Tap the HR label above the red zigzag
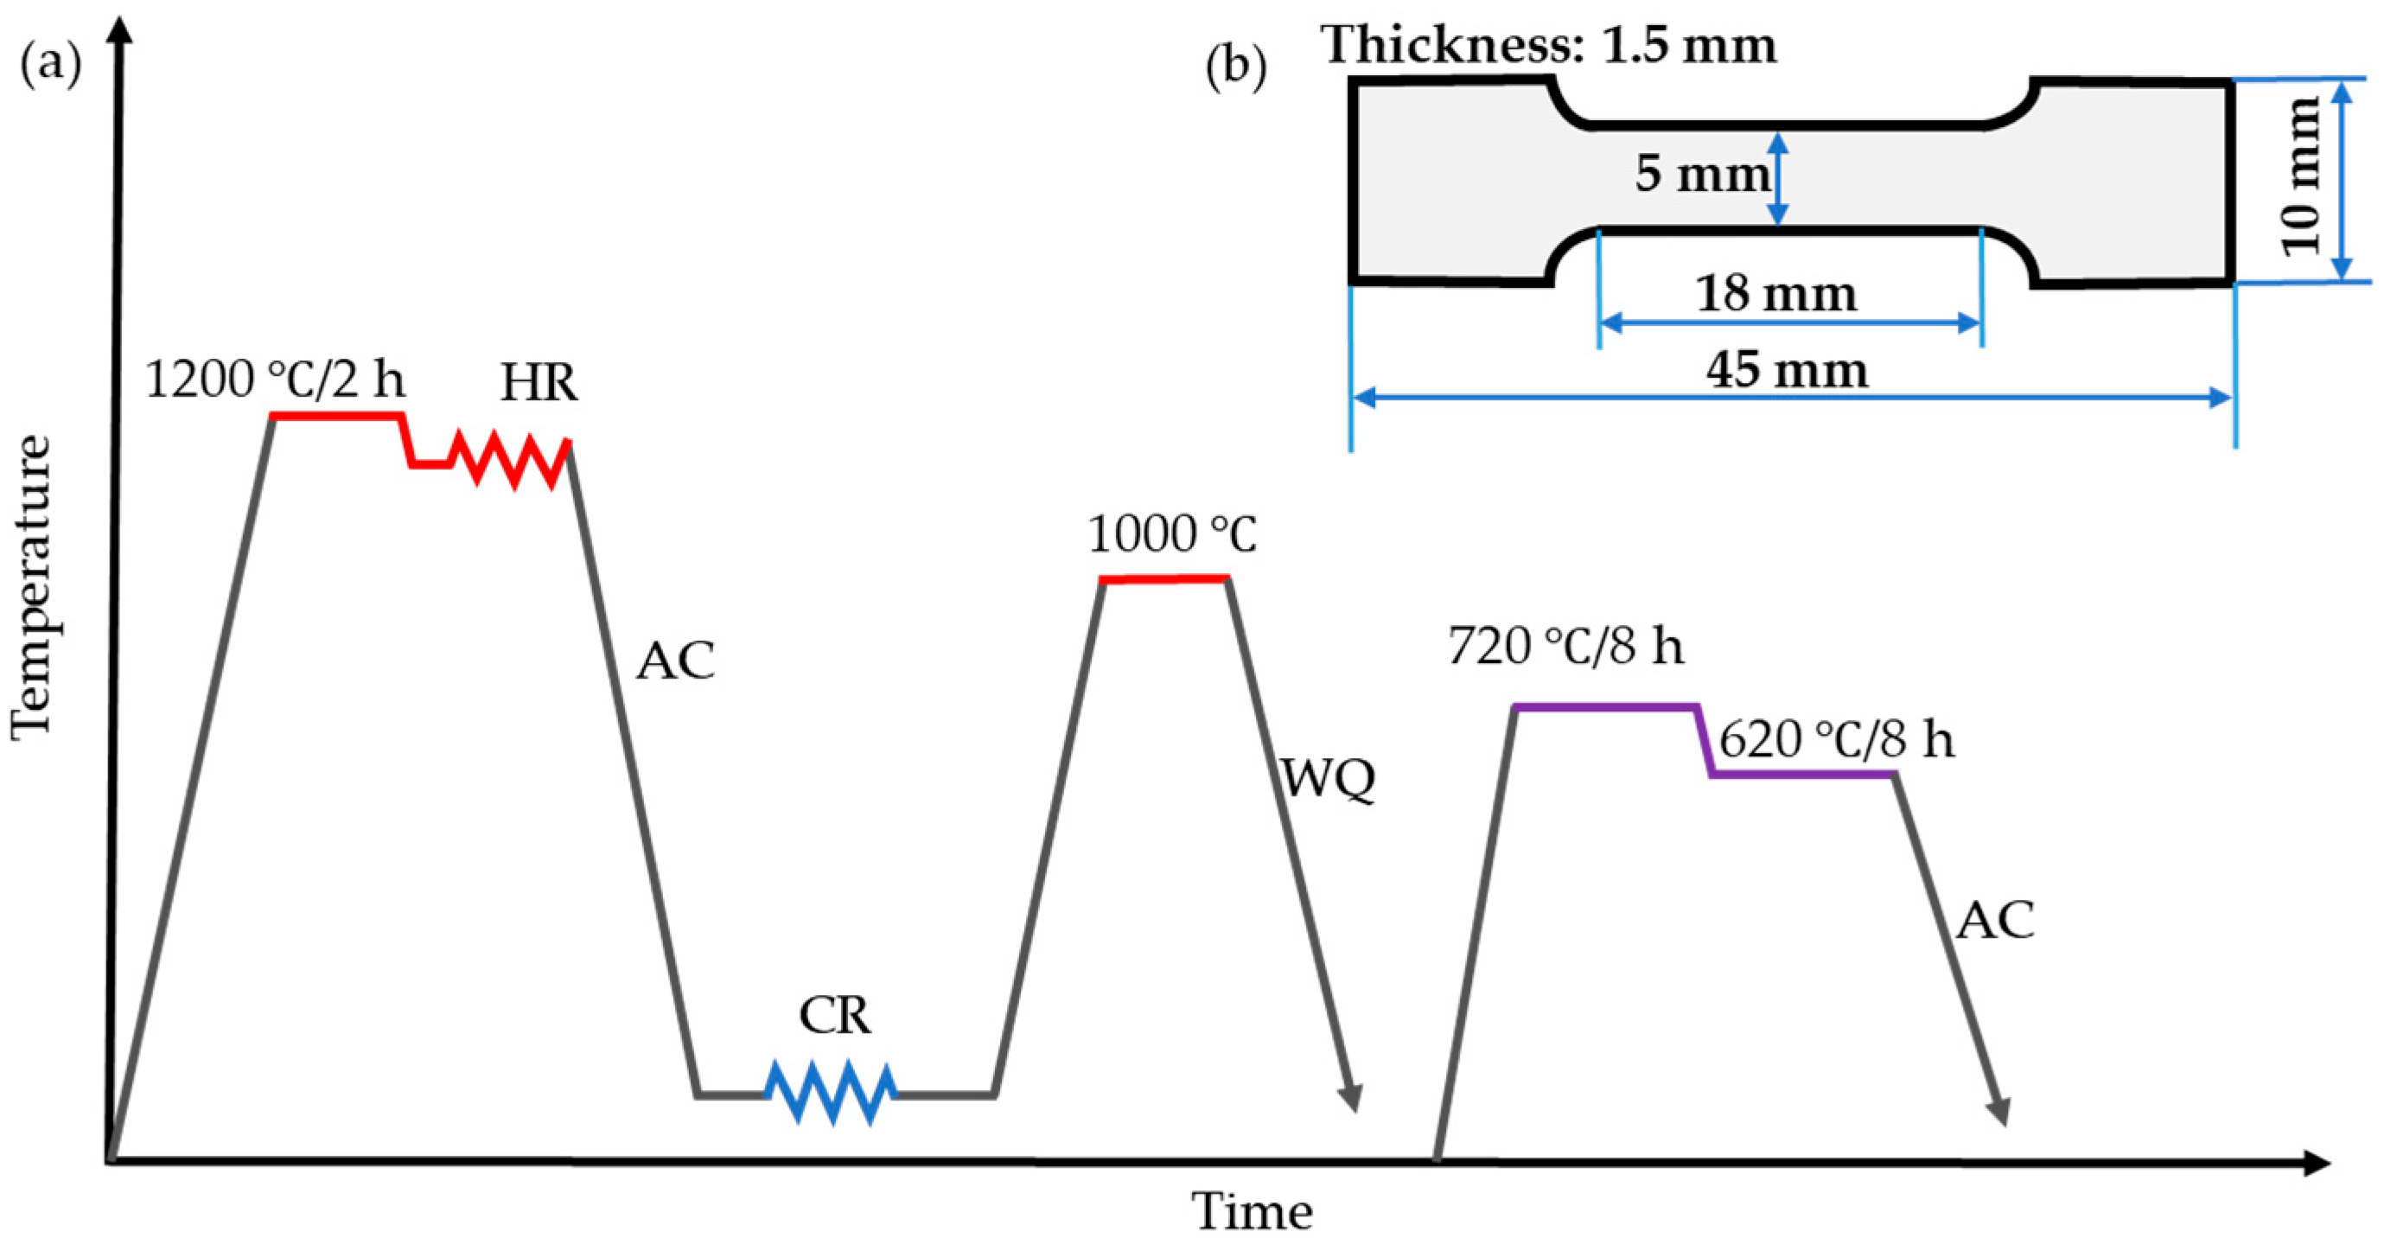pyautogui.click(x=539, y=382)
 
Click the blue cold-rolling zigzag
pyautogui.click(x=831, y=1094)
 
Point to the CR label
pyautogui.click(x=835, y=1016)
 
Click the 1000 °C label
pyautogui.click(x=1171, y=534)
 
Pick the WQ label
pyautogui.click(x=1327, y=779)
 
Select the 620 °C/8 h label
pyautogui.click(x=1836, y=740)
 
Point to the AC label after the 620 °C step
pyautogui.click(x=1995, y=921)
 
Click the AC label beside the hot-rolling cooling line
pyautogui.click(x=675, y=660)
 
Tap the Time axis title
pyautogui.click(x=1252, y=1210)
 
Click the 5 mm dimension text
pyautogui.click(x=1701, y=173)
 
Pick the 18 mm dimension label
pyautogui.click(x=1775, y=294)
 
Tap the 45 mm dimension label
pyautogui.click(x=1786, y=370)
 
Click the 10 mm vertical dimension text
pyautogui.click(x=2299, y=176)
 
